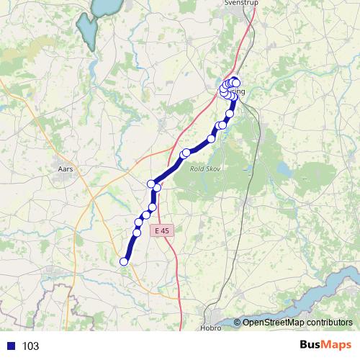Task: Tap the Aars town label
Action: coord(65,170)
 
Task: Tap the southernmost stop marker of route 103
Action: coord(124,261)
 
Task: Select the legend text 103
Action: coord(30,346)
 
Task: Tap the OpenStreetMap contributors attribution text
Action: coord(297,323)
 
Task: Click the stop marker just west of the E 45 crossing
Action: coord(151,184)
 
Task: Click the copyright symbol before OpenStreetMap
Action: coord(238,323)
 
